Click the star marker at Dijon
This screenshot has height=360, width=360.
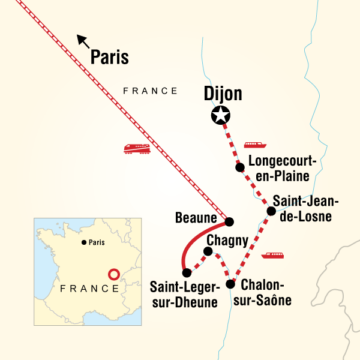(x=221, y=115)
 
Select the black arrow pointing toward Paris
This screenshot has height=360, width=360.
(x=83, y=41)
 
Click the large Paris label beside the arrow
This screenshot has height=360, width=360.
(x=109, y=56)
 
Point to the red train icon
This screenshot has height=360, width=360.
(x=136, y=148)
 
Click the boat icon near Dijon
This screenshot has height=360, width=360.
(x=255, y=145)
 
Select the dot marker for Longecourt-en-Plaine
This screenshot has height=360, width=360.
(x=240, y=167)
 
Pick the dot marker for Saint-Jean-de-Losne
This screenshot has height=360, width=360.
(x=271, y=211)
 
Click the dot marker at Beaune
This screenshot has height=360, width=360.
(x=229, y=221)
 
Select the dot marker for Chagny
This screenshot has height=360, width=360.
(x=209, y=251)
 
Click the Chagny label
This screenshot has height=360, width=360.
(x=227, y=240)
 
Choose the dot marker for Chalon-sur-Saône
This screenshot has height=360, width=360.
(x=230, y=284)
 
